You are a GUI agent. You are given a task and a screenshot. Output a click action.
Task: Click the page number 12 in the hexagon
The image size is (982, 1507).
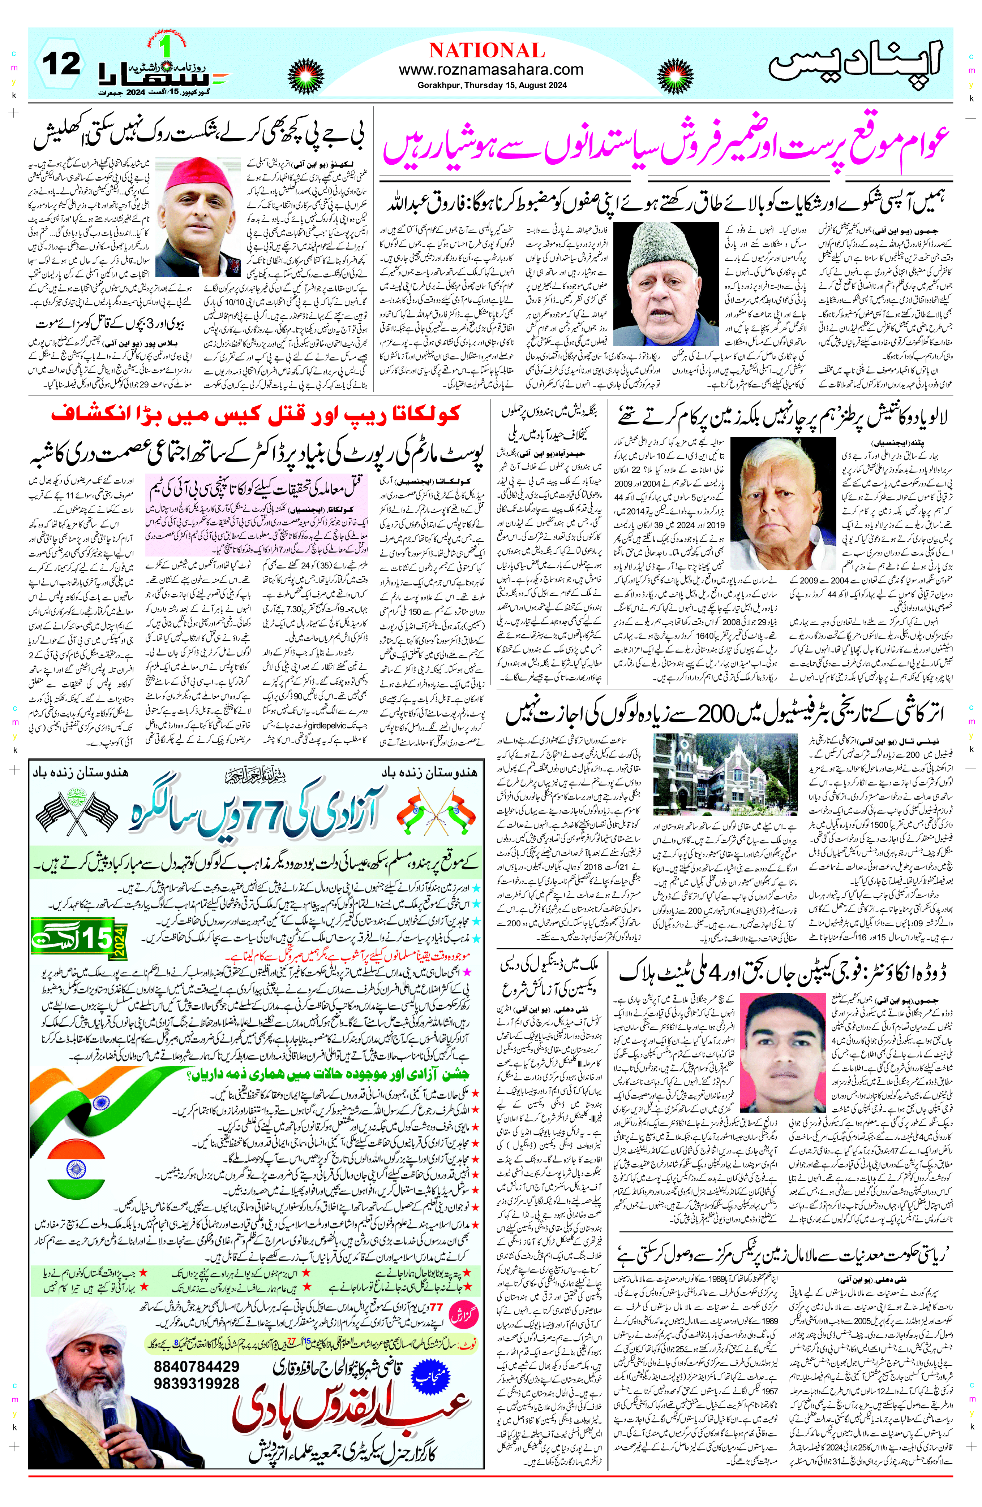pos(61,64)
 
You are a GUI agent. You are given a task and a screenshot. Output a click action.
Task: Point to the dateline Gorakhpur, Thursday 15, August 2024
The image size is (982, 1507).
pos(492,85)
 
